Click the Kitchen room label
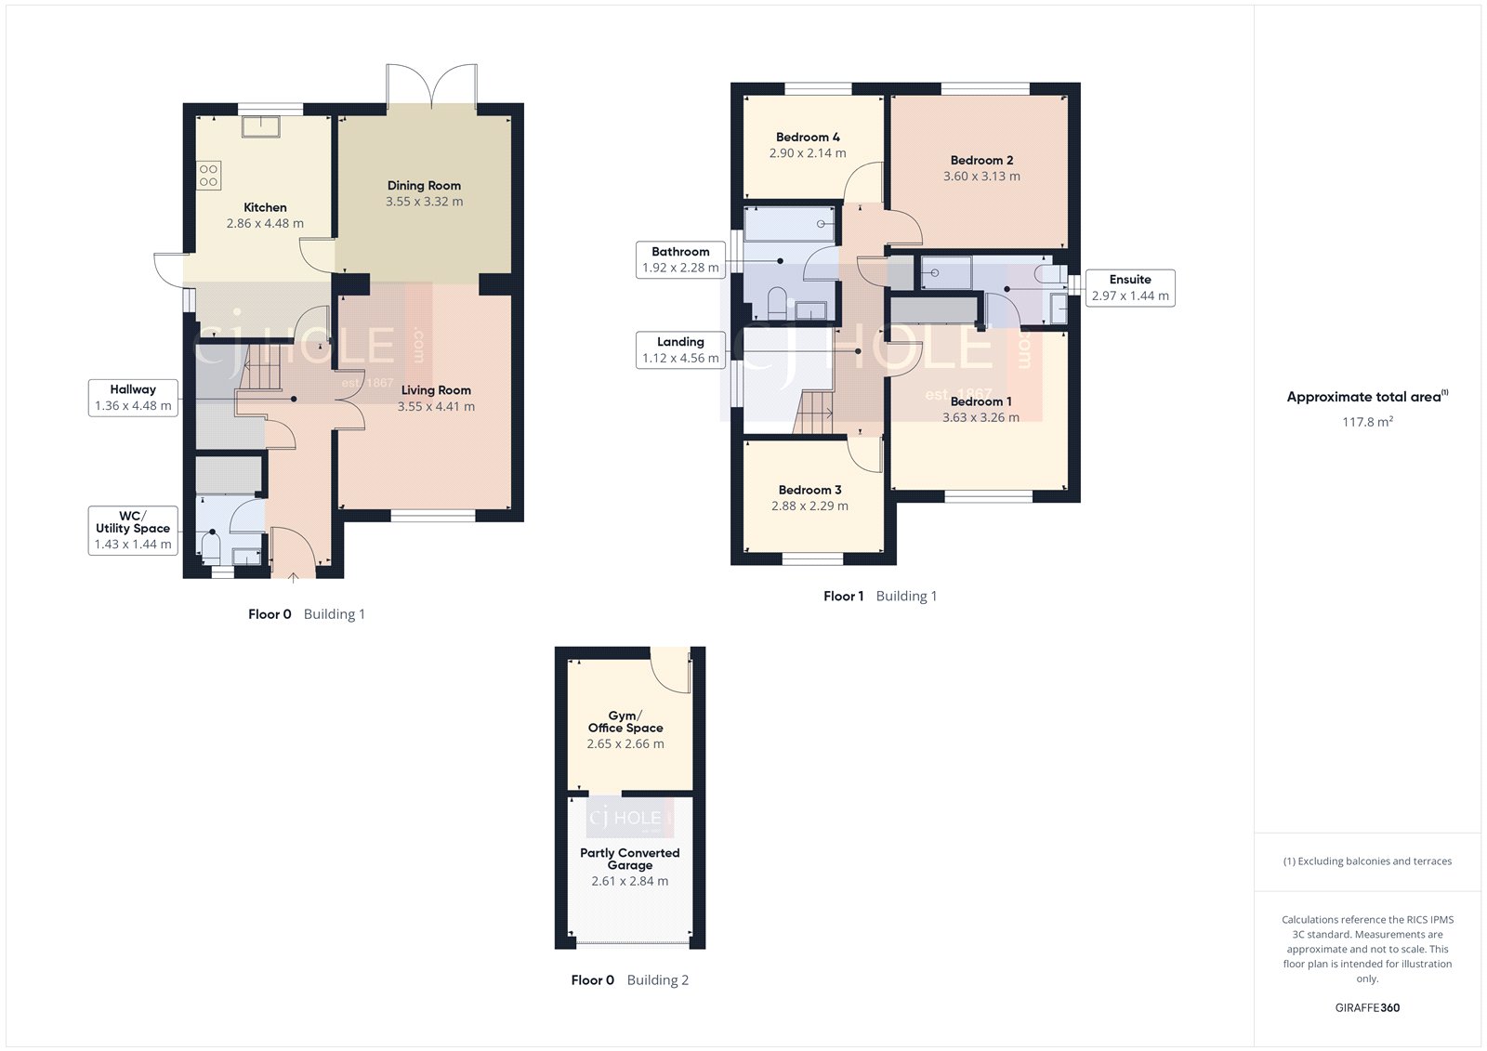click(265, 207)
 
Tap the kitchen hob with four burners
click(208, 175)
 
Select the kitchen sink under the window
click(259, 126)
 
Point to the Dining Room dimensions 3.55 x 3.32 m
click(424, 202)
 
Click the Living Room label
click(436, 390)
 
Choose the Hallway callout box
click(133, 398)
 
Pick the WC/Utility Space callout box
click(133, 530)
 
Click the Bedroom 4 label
click(808, 137)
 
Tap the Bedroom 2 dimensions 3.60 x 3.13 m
click(981, 177)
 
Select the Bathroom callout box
click(680, 259)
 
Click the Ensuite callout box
click(1130, 287)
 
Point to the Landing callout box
click(680, 349)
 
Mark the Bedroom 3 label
click(809, 490)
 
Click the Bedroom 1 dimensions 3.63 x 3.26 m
click(980, 418)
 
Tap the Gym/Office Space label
click(625, 722)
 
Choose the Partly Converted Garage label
click(630, 859)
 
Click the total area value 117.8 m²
click(1367, 422)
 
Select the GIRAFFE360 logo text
click(1367, 1007)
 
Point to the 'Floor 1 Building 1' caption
click(880, 597)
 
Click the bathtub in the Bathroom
click(789, 224)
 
